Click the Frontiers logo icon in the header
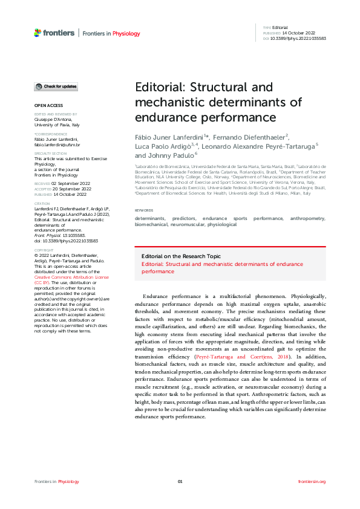click(38, 33)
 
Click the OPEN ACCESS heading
click(48, 106)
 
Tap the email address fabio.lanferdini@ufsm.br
click(57, 145)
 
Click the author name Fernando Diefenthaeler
click(250, 137)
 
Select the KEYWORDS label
click(144, 210)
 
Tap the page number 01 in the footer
click(180, 481)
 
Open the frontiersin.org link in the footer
click(312, 481)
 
